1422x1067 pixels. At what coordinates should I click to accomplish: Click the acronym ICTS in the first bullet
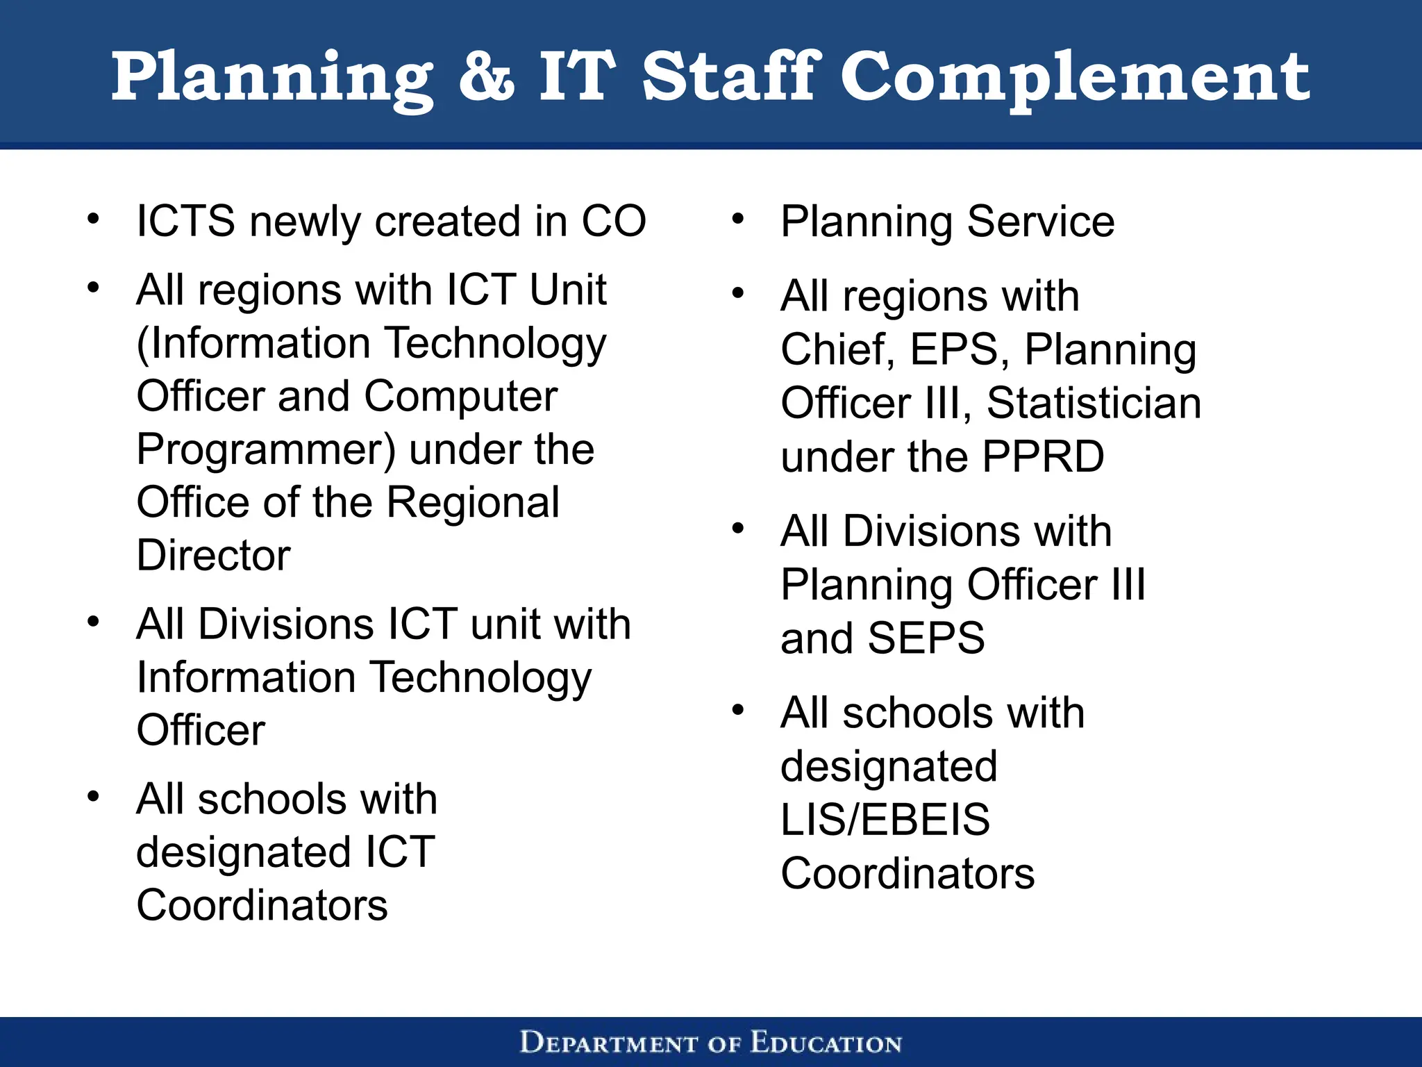tap(185, 222)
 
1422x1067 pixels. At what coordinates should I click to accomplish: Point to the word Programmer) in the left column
tap(266, 450)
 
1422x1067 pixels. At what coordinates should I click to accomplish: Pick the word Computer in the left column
tap(460, 397)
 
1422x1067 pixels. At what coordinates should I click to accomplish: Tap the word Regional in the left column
tap(472, 503)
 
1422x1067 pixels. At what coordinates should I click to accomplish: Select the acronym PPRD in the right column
tap(1043, 457)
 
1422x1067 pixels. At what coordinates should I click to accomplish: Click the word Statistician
tap(1094, 404)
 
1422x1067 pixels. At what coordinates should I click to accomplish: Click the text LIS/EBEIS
tap(885, 820)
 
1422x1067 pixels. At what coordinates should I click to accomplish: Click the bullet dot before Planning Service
tap(737, 220)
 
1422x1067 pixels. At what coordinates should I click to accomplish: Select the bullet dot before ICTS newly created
tap(93, 220)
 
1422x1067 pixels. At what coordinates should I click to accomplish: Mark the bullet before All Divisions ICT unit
tap(93, 622)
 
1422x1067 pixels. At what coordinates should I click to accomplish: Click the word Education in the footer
tap(826, 1043)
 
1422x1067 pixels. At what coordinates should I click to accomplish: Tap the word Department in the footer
tap(609, 1043)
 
